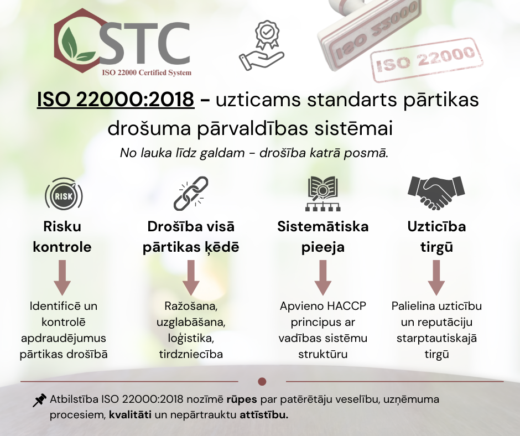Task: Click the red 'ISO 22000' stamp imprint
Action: point(427,59)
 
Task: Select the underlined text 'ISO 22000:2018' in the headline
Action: point(116,99)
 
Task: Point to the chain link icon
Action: point(191,194)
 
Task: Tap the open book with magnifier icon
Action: point(323,194)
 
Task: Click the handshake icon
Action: point(436,193)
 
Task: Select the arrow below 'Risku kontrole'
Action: point(62,278)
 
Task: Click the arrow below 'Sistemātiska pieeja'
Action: point(323,278)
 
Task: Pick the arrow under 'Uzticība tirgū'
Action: point(436,278)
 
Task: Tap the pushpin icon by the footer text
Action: point(39,400)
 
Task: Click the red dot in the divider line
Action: point(262,382)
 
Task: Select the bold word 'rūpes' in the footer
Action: point(242,399)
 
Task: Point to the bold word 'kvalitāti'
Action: point(131,415)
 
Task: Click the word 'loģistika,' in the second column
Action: point(191,339)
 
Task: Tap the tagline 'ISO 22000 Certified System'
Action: point(147,72)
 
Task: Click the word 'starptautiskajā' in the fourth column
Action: point(436,339)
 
